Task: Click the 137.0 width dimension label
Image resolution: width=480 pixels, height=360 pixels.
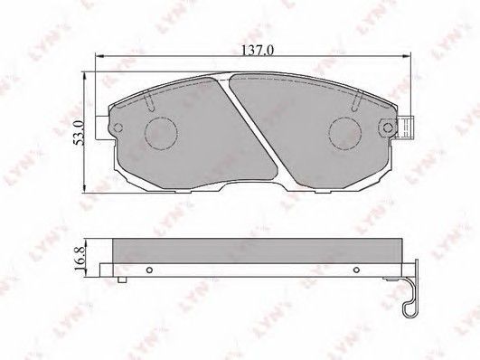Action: pos(257,50)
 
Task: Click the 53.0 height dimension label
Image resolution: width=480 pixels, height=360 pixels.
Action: pos(79,132)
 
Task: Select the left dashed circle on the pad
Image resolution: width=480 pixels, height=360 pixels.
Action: pos(161,134)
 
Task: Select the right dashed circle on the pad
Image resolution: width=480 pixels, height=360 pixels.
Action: pos(345,134)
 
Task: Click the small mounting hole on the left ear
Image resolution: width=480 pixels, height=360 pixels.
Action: pos(118,128)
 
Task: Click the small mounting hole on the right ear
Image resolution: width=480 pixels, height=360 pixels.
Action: pos(388,128)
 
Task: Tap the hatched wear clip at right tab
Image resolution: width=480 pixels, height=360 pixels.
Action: pos(406,128)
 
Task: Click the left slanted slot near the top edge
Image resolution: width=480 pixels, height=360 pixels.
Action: pos(149,102)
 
